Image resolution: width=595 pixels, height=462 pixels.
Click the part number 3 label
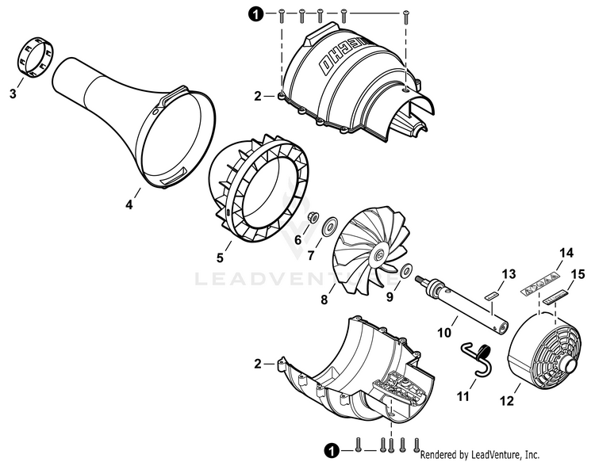coord(13,94)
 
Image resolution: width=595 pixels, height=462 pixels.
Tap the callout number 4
coord(129,204)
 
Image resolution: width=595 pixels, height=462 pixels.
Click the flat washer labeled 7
coord(326,228)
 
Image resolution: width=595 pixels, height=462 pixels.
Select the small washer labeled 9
coord(406,269)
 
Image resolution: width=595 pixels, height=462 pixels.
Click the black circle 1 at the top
coord(255,13)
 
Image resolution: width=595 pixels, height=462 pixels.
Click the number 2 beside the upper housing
coord(257,96)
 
